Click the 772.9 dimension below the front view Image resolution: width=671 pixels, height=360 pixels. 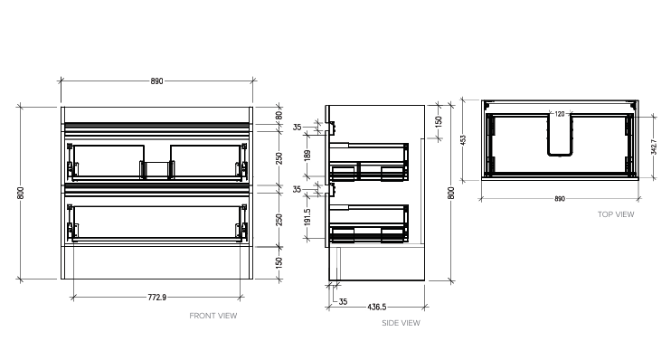[156, 298]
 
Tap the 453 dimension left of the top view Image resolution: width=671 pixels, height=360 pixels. [462, 139]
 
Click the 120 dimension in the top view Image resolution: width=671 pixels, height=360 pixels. [559, 114]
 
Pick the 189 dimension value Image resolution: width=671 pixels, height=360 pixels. [307, 156]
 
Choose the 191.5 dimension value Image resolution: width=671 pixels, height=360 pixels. [307, 218]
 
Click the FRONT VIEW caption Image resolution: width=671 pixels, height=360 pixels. [213, 316]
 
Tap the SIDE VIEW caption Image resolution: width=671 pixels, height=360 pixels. [401, 323]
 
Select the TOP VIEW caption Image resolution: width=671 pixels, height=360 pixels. [616, 214]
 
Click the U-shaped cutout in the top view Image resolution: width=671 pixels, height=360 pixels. [561, 136]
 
